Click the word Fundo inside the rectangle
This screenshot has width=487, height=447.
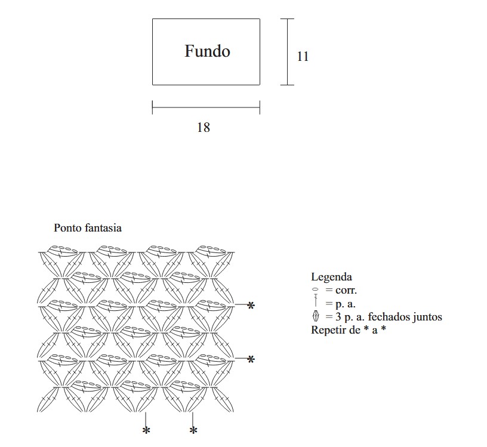(207, 51)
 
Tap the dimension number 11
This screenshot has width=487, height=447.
(303, 57)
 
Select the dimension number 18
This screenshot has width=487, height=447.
(204, 127)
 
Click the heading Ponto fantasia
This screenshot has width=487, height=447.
(88, 227)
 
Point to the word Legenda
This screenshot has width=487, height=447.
(331, 277)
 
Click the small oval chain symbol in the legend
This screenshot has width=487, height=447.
(315, 289)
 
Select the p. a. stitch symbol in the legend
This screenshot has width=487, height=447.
(315, 303)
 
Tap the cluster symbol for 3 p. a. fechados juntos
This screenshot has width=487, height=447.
(315, 316)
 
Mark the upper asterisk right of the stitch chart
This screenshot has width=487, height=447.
(251, 306)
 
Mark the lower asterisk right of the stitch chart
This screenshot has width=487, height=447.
(251, 359)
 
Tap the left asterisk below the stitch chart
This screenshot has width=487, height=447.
(146, 430)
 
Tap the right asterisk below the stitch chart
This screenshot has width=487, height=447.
(193, 430)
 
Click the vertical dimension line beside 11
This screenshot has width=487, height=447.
(288, 52)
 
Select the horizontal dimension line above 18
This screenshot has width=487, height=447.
(206, 108)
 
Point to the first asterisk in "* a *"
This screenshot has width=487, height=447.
(366, 329)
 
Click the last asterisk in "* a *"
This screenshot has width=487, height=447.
(383, 329)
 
